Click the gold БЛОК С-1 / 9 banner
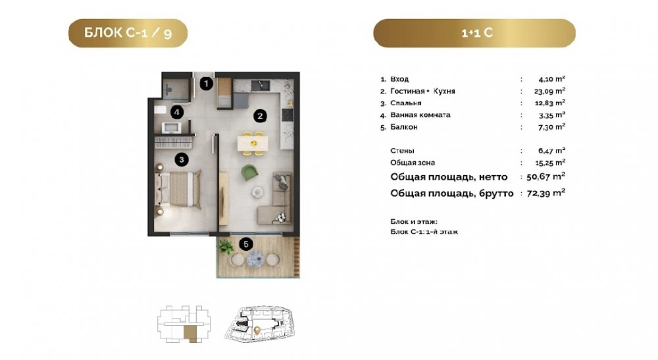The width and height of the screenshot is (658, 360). (128, 33)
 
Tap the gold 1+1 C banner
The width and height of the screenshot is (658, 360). (474, 33)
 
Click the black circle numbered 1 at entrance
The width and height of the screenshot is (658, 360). (206, 84)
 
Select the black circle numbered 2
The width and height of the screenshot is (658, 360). (260, 116)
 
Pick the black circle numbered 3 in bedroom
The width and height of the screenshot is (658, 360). (182, 159)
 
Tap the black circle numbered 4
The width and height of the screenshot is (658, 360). (177, 112)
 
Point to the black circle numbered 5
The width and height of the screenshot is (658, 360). (246, 244)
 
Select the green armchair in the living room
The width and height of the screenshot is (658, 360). (250, 173)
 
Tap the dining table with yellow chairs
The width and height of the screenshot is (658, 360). (254, 143)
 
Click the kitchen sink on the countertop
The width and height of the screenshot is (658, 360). (261, 86)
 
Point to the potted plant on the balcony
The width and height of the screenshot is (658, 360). (226, 247)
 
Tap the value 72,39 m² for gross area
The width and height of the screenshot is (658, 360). (546, 193)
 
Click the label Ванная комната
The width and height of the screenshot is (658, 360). (420, 115)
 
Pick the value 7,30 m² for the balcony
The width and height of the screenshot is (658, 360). (552, 127)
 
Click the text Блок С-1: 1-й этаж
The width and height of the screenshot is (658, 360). (424, 232)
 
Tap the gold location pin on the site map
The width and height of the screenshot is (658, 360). (257, 331)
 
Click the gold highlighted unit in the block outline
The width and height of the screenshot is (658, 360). (190, 334)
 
